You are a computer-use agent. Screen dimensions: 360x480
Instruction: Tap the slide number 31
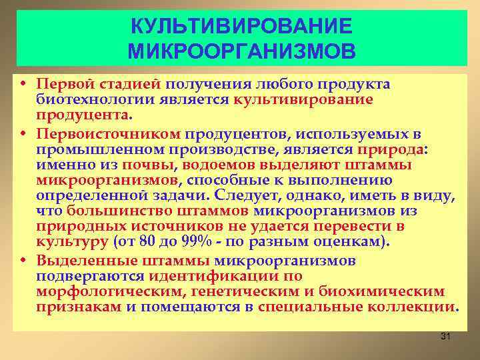coord(446,337)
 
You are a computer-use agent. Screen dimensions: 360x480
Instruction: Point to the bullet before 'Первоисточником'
coord(23,136)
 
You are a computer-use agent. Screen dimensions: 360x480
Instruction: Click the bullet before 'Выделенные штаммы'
coord(23,260)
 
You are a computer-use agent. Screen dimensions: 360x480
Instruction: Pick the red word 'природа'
coord(391,151)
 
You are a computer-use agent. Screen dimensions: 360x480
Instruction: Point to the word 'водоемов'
coord(211,165)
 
